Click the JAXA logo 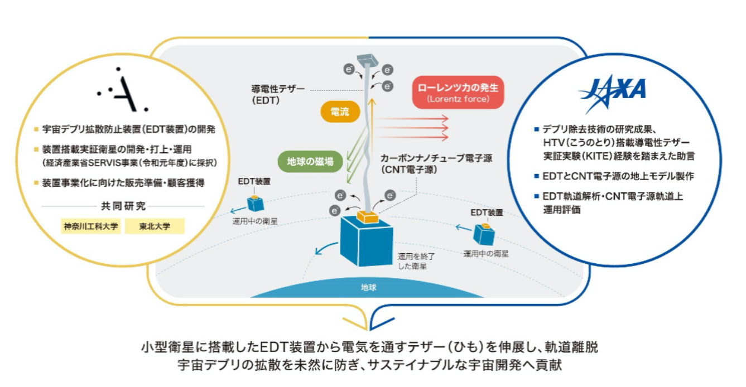click(612, 93)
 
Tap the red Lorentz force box click(458, 93)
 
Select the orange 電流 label click(340, 112)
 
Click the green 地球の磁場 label click(310, 162)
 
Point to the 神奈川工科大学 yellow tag click(90, 226)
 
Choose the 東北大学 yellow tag click(155, 226)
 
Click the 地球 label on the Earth click(368, 287)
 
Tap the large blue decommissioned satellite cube click(366, 241)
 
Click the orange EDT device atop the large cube click(367, 216)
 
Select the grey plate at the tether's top click(367, 60)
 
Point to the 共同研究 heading click(123, 206)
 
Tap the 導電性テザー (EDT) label click(277, 94)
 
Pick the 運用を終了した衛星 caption click(416, 261)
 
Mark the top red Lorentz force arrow click(411, 118)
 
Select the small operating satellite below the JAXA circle click(484, 234)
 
